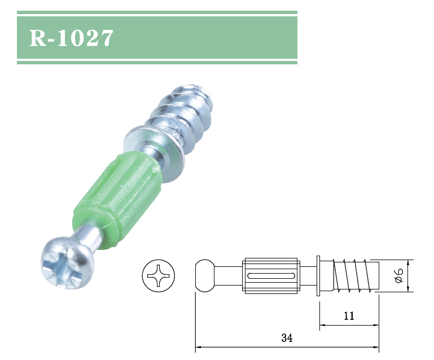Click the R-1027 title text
[72, 38]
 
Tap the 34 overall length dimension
[287, 339]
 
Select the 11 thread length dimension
[349, 316]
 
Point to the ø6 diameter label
[398, 275]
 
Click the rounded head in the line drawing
[205, 275]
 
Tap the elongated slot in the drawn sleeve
[271, 275]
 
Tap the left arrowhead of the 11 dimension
[323, 325]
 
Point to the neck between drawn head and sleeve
[230, 275]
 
